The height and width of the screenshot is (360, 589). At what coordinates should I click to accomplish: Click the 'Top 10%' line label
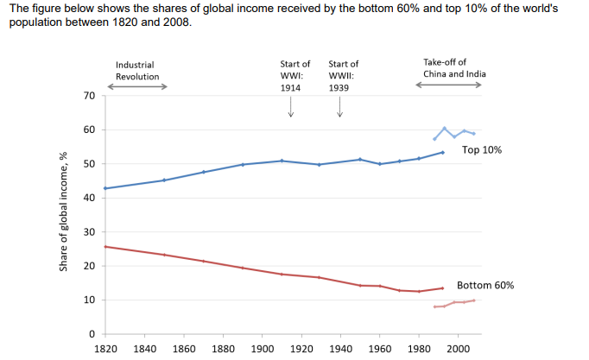(482, 149)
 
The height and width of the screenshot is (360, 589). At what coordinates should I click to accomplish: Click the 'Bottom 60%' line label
(486, 285)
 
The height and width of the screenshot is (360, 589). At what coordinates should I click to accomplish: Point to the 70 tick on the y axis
(89, 95)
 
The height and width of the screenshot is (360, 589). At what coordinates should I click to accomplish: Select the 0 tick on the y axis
(92, 334)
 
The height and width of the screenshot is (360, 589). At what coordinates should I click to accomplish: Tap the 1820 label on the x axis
(105, 348)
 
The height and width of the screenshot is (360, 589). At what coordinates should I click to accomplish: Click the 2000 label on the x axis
(458, 348)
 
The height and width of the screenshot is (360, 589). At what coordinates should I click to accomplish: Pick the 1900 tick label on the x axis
(262, 348)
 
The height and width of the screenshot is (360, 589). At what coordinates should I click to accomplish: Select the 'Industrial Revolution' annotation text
(137, 70)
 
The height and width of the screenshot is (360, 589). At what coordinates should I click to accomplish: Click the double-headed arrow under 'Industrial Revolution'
(136, 86)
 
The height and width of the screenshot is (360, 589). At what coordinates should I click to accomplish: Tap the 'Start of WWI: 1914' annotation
(290, 75)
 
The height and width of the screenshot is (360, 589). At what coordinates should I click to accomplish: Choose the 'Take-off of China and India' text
(454, 68)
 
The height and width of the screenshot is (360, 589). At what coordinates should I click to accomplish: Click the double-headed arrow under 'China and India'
(452, 85)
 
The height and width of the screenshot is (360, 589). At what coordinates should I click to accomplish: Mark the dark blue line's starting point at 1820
(105, 188)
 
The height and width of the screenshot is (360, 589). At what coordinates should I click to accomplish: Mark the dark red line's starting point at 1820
(105, 247)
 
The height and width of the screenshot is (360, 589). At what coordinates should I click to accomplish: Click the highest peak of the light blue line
(444, 128)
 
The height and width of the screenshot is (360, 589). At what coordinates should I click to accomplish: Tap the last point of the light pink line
(473, 300)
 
